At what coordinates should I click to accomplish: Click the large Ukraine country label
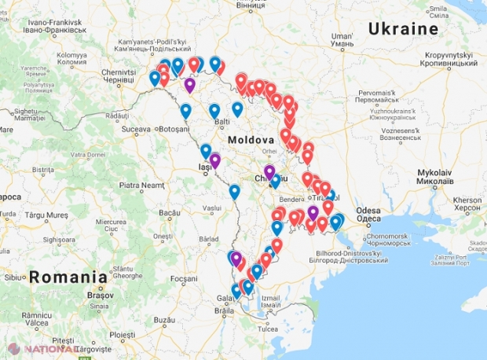(x=403, y=29)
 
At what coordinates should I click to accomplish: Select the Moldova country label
(x=251, y=139)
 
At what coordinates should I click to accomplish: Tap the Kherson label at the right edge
(x=467, y=201)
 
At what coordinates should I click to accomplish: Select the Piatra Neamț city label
(x=141, y=186)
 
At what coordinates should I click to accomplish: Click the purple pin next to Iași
(x=214, y=160)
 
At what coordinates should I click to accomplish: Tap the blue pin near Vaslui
(x=234, y=190)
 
